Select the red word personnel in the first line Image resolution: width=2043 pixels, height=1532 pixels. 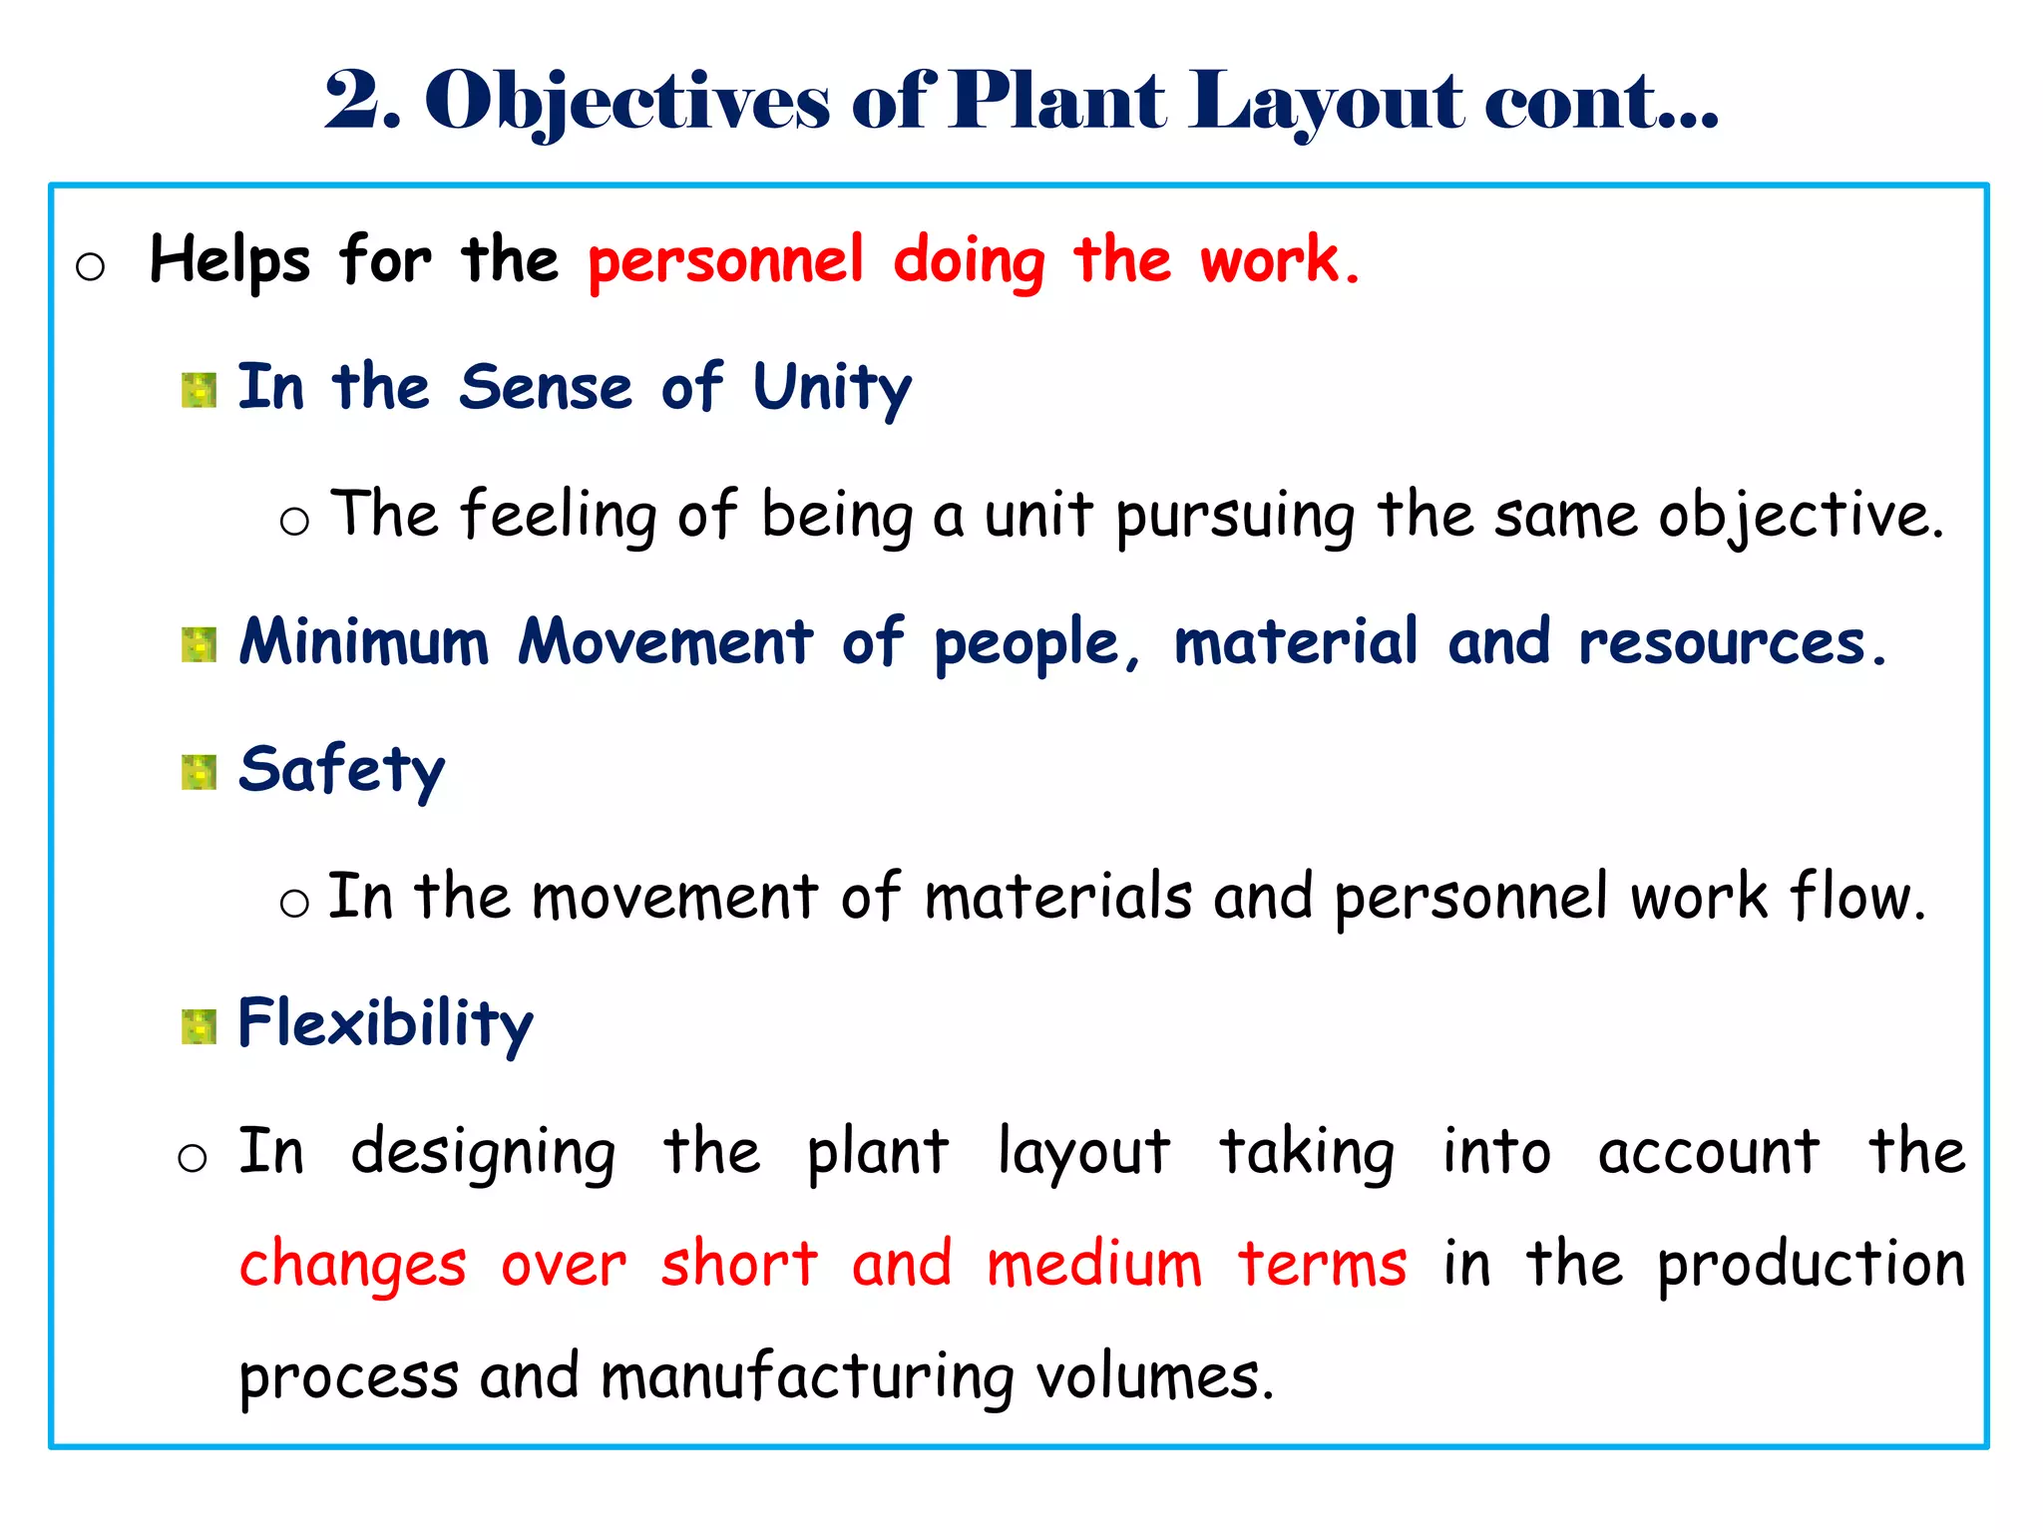725,261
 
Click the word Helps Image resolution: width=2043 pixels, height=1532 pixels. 229,261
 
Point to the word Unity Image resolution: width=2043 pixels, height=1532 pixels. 832,389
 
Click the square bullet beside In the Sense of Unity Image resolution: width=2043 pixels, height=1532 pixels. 199,391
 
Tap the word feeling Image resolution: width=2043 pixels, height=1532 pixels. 559,516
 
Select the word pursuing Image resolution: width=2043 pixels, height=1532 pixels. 1235,518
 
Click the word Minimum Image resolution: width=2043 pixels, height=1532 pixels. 364,642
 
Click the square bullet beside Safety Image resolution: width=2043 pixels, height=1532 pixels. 199,772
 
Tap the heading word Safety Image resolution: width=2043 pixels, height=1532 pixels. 341,770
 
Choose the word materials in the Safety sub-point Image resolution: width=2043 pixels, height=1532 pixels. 1057,897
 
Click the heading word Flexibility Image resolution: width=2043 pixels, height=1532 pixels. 385,1024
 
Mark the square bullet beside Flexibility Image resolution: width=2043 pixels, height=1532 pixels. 199,1026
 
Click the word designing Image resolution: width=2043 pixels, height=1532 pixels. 483,1153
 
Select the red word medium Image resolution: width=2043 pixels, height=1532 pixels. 1093,1265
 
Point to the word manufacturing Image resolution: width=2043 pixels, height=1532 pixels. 807,1377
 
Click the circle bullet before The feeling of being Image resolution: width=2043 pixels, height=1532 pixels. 294,521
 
